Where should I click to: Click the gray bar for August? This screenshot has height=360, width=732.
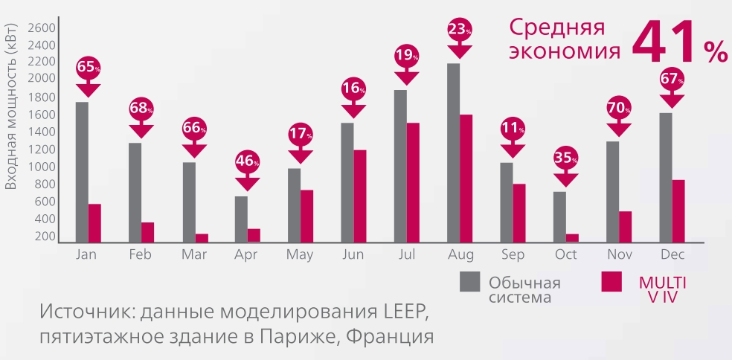(x=453, y=152)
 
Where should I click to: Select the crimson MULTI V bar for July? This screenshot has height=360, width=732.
(x=413, y=182)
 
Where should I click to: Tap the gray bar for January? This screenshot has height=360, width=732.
(x=82, y=172)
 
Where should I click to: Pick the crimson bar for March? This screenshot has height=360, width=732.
(x=201, y=238)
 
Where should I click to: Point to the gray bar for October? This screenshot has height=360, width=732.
(x=559, y=216)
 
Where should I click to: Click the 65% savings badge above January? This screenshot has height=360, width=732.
(x=87, y=67)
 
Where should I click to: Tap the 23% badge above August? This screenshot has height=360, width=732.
(x=460, y=30)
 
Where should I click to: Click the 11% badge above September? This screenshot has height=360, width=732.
(x=513, y=127)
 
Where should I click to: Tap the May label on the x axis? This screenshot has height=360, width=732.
(x=300, y=254)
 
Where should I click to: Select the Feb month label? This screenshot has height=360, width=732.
(x=141, y=254)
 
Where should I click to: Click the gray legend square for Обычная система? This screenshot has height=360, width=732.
(x=469, y=283)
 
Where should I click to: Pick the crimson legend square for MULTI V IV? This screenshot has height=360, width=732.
(x=611, y=282)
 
